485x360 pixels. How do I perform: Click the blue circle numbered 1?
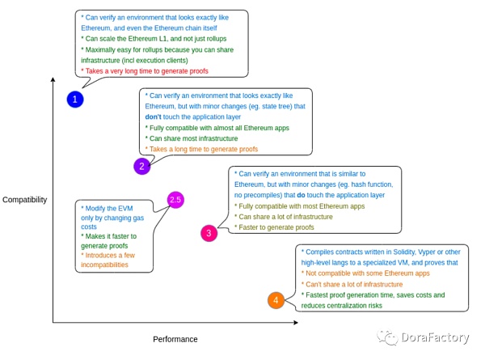(75, 100)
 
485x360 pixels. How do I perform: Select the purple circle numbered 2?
(142, 167)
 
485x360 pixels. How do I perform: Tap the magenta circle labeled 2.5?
(176, 199)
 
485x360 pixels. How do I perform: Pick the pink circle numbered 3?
(209, 234)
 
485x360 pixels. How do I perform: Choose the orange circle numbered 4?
(276, 300)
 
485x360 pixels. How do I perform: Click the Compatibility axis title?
(25, 200)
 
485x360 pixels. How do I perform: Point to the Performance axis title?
(175, 339)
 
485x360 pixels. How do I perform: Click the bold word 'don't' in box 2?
(156, 116)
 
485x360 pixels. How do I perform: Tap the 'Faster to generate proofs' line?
(275, 227)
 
